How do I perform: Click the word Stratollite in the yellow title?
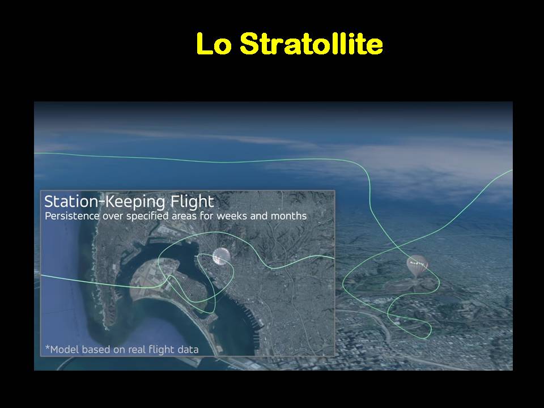311,44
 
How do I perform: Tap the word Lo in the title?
214,44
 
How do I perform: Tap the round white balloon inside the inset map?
222,257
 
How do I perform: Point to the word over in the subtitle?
113,216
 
